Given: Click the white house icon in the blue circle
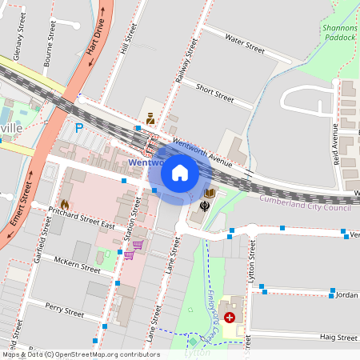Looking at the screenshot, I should point(179,172).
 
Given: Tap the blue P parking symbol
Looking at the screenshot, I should point(78,127).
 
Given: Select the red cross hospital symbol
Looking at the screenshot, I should point(230,318).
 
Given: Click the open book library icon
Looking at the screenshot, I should point(211,194).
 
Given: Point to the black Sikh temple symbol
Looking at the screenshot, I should point(205,207).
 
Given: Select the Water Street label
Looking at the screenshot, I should point(244,43).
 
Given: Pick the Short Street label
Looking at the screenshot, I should point(214,92).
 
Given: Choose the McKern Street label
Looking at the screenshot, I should point(78,264).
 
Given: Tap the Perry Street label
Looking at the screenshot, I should point(65,308).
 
